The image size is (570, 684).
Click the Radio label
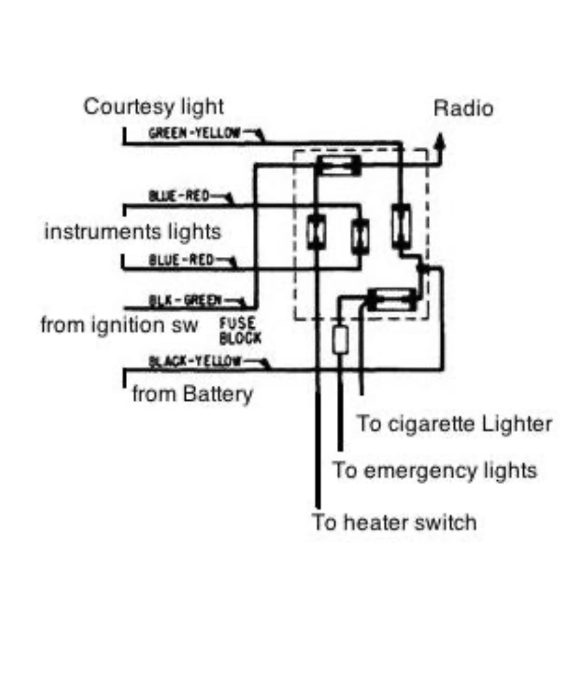coord(463,109)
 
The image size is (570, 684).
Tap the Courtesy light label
coord(154,107)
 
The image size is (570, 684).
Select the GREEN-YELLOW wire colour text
coord(194,133)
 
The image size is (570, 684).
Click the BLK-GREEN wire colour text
coord(185,300)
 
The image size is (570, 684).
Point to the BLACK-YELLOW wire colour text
coord(195,361)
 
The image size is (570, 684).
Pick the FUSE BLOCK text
coord(240,331)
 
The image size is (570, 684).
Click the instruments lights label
coord(133,231)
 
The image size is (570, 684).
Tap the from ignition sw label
coord(120,325)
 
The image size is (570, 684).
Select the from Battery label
coord(192,394)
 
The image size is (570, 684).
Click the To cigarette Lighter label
coord(455,424)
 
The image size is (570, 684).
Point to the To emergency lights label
coord(434,470)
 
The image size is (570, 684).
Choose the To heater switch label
coord(394,522)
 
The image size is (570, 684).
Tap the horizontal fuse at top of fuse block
coord(339,165)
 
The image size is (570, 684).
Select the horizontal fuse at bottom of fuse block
coord(392,299)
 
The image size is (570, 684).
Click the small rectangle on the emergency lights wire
coord(340,340)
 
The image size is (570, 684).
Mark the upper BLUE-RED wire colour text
coord(179,196)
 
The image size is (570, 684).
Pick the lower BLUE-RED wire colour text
coord(181,261)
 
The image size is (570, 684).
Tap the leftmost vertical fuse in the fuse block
coord(316,231)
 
